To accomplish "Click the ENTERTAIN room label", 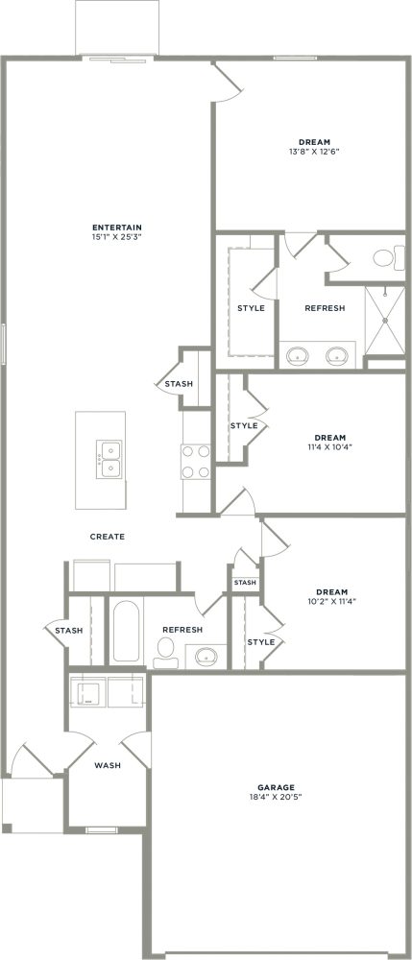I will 110,228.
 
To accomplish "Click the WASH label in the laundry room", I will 107,766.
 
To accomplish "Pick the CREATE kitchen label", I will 107,537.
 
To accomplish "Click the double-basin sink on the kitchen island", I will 108,459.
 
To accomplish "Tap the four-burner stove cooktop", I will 197,461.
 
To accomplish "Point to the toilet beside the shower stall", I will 384,257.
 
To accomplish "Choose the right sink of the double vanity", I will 336,355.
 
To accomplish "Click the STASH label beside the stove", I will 179,384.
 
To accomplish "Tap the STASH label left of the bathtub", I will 67,631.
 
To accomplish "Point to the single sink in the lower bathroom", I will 206,657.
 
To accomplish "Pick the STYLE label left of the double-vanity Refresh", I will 251,308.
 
